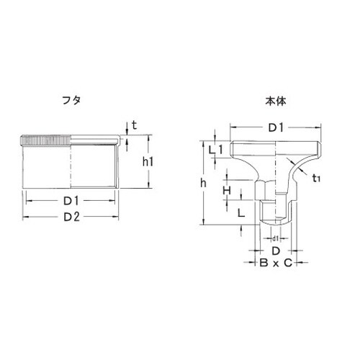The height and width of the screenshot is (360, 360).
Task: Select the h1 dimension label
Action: (x=148, y=163)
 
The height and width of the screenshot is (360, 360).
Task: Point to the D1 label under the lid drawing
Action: (x=70, y=201)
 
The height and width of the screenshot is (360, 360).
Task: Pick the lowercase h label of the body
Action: (x=204, y=184)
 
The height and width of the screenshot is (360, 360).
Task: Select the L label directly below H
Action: (x=240, y=213)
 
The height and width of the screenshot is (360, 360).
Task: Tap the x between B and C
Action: (x=275, y=264)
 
